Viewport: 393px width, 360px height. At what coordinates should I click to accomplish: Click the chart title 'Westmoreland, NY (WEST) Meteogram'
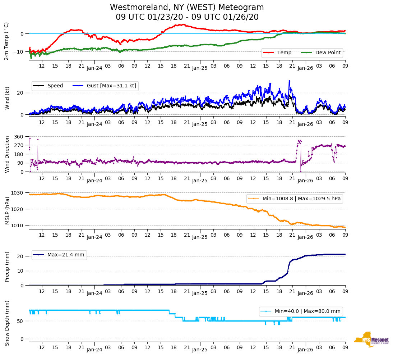click(187, 7)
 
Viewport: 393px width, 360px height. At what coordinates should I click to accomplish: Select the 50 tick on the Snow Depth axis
click(21, 321)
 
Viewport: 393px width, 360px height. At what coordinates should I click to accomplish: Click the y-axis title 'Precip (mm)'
click(8, 268)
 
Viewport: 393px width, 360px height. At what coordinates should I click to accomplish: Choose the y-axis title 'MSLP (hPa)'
click(8, 210)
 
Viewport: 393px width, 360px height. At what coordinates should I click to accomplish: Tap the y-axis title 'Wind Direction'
click(8, 154)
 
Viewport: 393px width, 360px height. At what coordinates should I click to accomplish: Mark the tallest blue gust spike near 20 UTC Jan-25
click(289, 81)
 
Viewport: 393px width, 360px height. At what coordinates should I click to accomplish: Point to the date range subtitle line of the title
click(187, 17)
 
